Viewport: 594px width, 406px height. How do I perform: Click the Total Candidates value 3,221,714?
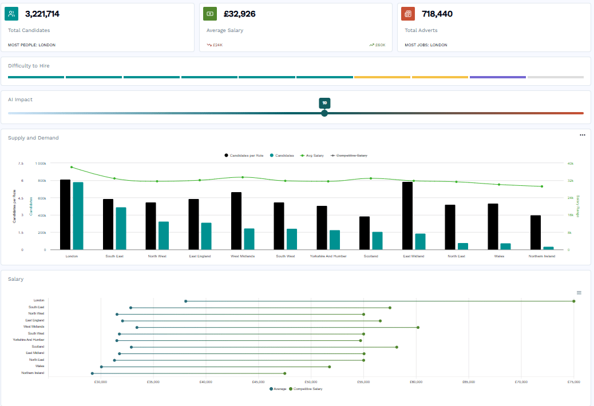click(42, 14)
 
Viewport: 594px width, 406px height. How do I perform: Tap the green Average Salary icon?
click(210, 14)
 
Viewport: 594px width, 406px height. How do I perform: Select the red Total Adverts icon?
click(408, 14)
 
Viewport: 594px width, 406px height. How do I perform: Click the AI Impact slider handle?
click(324, 113)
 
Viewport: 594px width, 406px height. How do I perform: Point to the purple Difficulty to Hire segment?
click(497, 77)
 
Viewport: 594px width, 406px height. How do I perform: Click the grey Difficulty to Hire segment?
click(555, 77)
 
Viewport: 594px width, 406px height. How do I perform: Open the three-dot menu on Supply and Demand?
click(583, 136)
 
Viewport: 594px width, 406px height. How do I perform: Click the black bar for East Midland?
click(407, 216)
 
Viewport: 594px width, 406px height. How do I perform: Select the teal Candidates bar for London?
click(78, 216)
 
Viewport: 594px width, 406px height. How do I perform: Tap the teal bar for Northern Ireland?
click(548, 248)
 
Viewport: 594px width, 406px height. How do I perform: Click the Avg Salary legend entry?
click(312, 156)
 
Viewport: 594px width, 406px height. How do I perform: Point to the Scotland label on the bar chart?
click(371, 256)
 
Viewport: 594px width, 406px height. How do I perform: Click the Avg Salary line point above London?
click(72, 167)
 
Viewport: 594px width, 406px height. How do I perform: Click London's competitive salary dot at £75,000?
click(573, 301)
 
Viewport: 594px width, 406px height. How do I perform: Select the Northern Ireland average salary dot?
click(92, 373)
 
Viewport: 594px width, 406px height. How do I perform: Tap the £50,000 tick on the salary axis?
click(311, 381)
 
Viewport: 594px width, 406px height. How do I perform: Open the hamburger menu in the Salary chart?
click(579, 293)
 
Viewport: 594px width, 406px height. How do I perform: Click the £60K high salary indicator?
click(378, 45)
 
